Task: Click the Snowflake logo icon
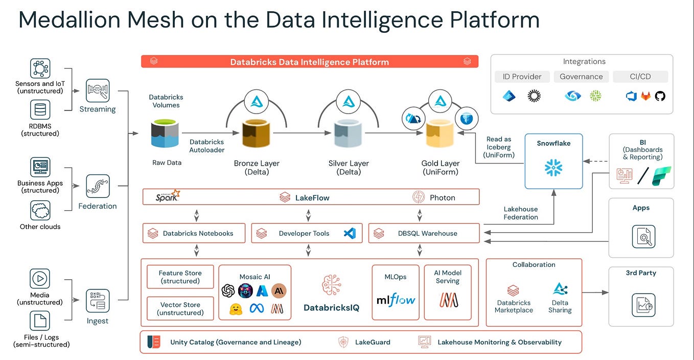point(553,168)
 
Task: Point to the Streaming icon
point(98,90)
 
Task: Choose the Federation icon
point(98,187)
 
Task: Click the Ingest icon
point(98,301)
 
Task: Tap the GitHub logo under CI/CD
point(660,96)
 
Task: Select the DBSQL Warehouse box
point(424,233)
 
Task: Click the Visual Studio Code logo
point(350,233)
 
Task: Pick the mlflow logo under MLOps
point(396,300)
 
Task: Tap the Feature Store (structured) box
point(180,277)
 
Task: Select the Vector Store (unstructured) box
point(180,308)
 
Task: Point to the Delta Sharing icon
point(560,289)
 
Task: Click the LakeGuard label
point(373,342)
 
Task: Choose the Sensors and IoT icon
point(40,69)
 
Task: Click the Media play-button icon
point(40,279)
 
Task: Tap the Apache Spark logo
point(168,196)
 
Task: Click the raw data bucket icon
point(165,133)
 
